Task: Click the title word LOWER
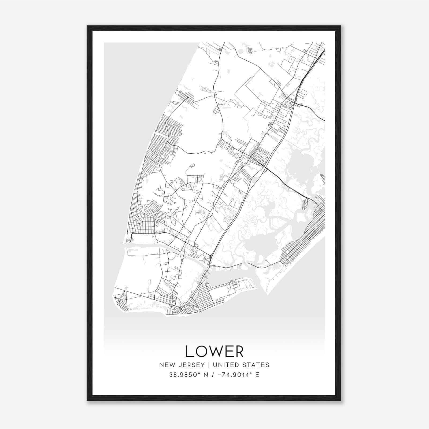click(x=214, y=351)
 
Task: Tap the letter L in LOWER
click(x=189, y=351)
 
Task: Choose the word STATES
click(x=256, y=365)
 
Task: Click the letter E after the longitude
click(x=257, y=375)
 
